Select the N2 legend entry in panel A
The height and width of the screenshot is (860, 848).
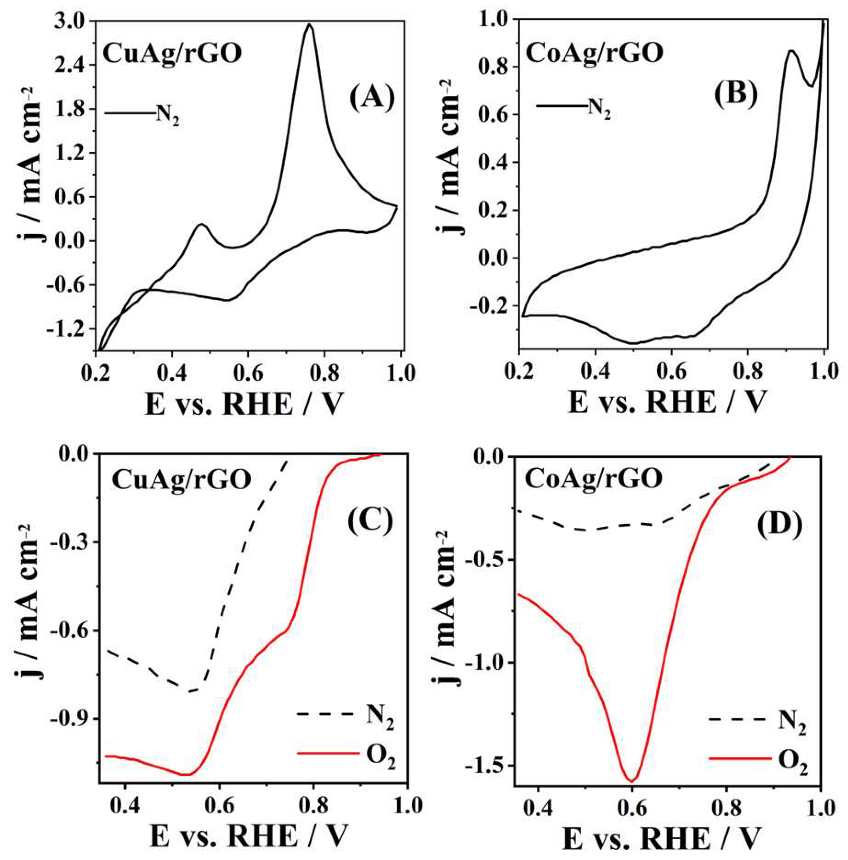tap(143, 114)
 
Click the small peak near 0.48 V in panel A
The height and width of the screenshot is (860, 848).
tap(202, 224)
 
